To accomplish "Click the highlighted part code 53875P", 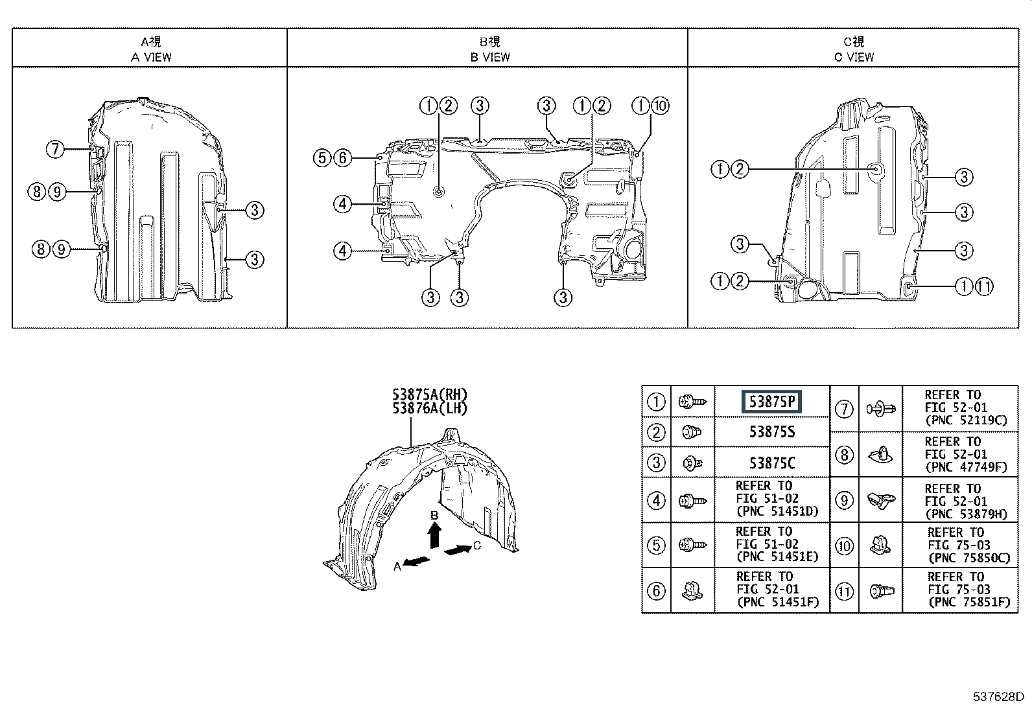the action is [771, 402].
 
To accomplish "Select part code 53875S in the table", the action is [771, 432].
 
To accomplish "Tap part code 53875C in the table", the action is [771, 463].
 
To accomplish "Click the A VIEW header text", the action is [151, 57].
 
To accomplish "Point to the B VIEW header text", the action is [489, 57].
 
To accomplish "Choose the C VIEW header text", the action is [854, 57].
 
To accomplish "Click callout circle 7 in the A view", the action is [55, 149].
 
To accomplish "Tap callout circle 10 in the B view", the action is [660, 106].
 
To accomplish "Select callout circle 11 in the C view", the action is [983, 287].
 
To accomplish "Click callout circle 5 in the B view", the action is [322, 158].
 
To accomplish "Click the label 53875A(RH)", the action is [429, 395].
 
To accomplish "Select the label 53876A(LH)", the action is [429, 409].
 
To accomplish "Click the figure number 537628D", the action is [998, 696].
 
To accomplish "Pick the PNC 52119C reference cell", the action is [959, 408].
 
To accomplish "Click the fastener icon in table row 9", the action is [880, 501].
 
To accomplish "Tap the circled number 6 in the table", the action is [656, 591].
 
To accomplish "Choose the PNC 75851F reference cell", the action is [959, 590].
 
